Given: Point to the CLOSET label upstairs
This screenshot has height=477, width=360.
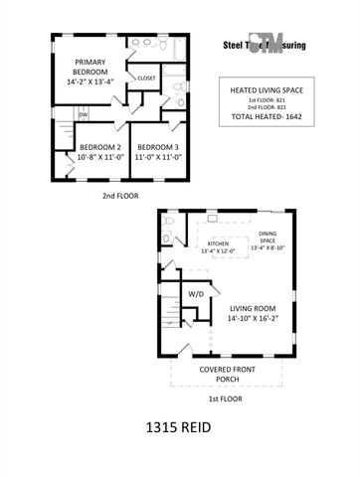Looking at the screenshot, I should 145,78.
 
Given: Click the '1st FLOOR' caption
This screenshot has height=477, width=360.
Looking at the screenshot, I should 227,397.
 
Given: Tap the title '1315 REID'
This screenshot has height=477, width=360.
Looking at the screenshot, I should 180,431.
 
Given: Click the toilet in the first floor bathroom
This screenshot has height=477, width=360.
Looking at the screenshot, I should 168,223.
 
